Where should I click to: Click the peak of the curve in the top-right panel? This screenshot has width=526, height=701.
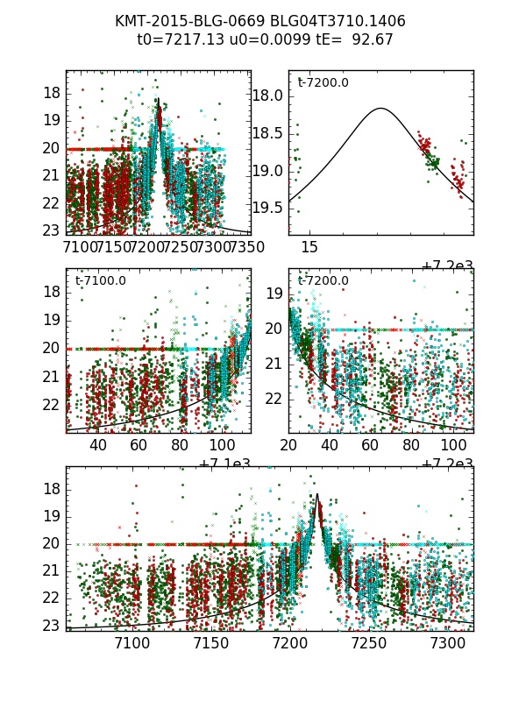point(381,109)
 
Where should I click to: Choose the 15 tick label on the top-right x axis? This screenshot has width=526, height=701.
point(309,248)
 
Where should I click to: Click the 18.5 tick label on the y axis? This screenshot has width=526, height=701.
point(267,133)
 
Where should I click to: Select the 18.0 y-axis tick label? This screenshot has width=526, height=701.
point(267,96)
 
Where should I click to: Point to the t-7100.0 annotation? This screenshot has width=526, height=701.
point(100,281)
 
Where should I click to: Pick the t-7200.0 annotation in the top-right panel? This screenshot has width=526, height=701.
point(323,83)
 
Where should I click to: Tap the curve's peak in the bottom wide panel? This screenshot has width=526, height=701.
point(316,495)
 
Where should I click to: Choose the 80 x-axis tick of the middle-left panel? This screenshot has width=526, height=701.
point(181,445)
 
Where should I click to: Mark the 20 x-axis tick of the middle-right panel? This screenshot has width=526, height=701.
point(288,445)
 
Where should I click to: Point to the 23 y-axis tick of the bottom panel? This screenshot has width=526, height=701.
point(53,626)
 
